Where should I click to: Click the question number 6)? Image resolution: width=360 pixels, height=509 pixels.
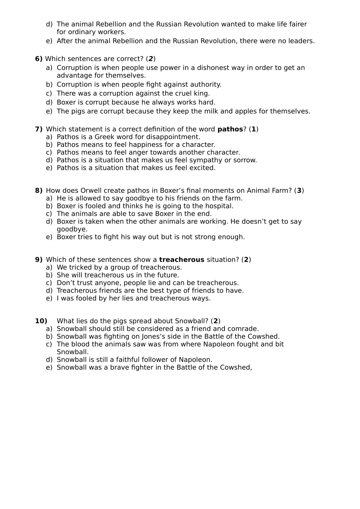point(39,59)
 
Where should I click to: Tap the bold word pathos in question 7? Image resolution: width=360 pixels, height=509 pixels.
point(230,129)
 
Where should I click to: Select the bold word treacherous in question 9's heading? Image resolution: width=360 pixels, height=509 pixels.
point(181,260)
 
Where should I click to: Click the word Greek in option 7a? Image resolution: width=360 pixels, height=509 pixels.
point(105,137)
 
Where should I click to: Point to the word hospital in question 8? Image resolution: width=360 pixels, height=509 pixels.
point(219,206)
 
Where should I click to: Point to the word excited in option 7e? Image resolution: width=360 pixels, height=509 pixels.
point(202,168)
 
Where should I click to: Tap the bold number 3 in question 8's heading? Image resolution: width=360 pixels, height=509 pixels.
point(299,191)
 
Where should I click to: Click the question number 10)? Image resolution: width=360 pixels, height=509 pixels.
point(41,321)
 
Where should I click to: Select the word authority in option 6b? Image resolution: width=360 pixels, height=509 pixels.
point(205,85)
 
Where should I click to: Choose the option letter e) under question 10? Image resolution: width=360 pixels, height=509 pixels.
point(49,368)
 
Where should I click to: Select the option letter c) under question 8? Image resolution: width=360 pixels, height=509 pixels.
point(49,214)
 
